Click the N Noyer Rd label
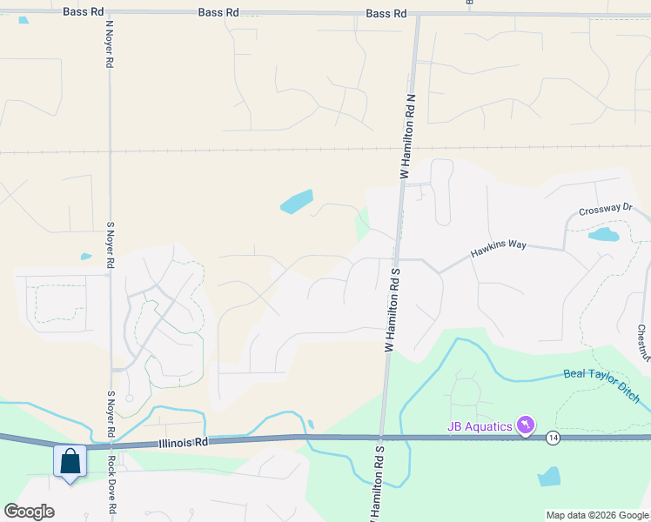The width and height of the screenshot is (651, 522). pos(111,45)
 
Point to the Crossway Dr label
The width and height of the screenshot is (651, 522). pos(606,209)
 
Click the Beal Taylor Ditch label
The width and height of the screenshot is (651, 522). pos(602,385)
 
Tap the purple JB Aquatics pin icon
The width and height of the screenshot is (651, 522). pos(526,425)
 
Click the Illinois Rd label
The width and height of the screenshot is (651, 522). pos(185,443)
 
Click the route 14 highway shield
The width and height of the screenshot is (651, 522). pos(553,437)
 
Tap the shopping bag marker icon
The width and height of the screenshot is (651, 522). pos(70,462)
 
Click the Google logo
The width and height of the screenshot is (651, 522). pos(29,512)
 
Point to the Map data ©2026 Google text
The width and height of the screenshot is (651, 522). pos(597,515)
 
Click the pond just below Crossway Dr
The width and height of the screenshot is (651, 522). pos(603,234)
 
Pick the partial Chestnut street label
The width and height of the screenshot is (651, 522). pos(644,344)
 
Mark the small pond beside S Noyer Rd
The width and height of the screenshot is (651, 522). pos(86,257)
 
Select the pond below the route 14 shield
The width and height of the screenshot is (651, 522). pos(549,477)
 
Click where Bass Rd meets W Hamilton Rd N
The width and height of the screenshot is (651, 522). pos(418,15)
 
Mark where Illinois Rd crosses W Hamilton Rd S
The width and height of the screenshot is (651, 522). pos(381,436)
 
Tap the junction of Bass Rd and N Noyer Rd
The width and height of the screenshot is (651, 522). pos(109,12)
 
